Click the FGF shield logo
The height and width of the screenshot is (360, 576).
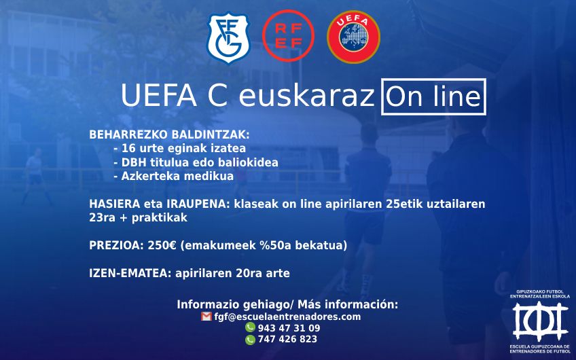pyautogui.click(x=228, y=38)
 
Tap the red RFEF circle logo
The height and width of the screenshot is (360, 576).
pyautogui.click(x=289, y=36)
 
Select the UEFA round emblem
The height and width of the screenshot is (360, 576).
pyautogui.click(x=353, y=37)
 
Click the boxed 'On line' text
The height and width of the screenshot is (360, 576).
pyautogui.click(x=433, y=96)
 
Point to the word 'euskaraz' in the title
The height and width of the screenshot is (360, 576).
pyautogui.click(x=306, y=96)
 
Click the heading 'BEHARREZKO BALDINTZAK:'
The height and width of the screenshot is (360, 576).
pyautogui.click(x=169, y=134)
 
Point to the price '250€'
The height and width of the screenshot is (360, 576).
pyautogui.click(x=162, y=245)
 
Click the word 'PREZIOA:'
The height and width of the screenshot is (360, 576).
pyautogui.click(x=116, y=245)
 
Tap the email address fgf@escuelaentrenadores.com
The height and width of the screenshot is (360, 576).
pyautogui.click(x=287, y=317)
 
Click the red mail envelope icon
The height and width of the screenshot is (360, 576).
pyautogui.click(x=206, y=317)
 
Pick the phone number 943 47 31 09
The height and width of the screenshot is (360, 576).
pyautogui.click(x=289, y=328)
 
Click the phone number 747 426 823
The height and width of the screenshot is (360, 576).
pyautogui.click(x=287, y=339)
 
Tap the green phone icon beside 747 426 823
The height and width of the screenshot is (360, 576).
pyautogui.click(x=250, y=340)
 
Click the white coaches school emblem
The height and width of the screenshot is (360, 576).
pyautogui.click(x=541, y=321)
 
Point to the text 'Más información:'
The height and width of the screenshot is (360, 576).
pyautogui.click(x=348, y=304)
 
